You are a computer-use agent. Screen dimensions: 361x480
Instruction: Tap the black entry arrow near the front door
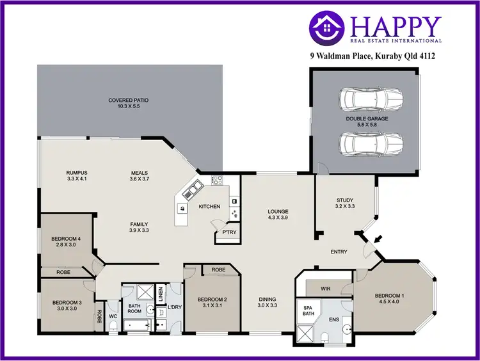pos(378,239)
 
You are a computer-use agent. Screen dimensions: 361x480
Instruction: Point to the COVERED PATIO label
pos(129,100)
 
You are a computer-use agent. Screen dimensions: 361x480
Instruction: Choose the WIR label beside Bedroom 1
pos(324,288)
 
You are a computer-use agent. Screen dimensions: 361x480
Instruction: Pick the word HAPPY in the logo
pos(396,26)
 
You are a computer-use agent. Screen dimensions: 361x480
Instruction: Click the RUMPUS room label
pos(76,172)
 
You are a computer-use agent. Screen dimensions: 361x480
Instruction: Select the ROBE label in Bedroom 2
pos(218,270)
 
